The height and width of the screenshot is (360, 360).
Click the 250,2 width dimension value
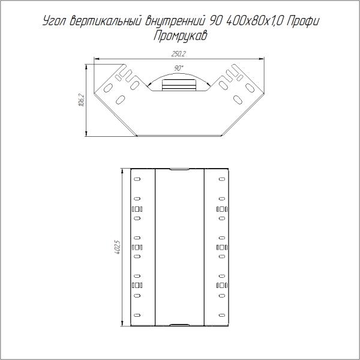(179, 55)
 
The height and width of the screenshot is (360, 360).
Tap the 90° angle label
(179, 68)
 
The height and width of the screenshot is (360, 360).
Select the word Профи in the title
(302, 22)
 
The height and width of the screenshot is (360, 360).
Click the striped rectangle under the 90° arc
(179, 85)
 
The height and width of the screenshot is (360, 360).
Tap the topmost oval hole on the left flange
(137, 179)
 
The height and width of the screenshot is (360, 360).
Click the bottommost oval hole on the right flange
(222, 316)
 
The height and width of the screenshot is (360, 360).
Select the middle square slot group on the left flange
(137, 247)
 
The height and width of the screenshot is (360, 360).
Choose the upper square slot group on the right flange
(222, 209)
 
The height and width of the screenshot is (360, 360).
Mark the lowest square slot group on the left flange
(137, 286)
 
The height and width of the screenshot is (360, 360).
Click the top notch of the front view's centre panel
(179, 170)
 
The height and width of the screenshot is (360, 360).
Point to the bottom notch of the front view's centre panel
(179, 325)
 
